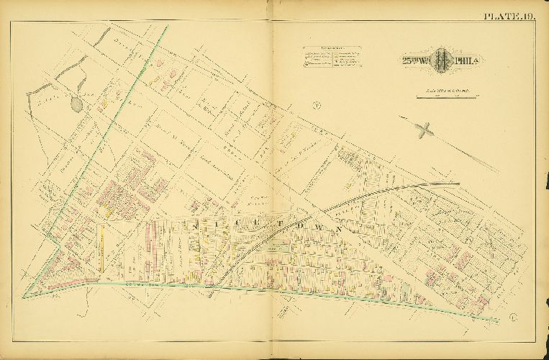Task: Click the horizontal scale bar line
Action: point(447,95)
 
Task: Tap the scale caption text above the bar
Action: point(447,89)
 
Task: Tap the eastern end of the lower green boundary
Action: point(499,320)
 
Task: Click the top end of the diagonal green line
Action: point(168,27)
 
